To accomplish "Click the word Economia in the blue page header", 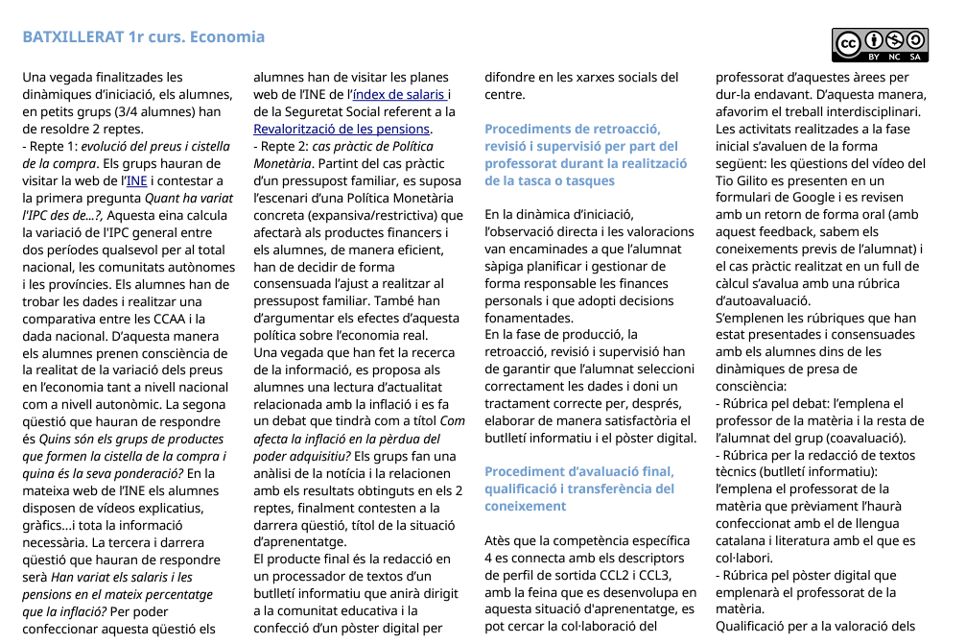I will pos(227,37).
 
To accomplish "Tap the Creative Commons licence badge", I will pos(880,45).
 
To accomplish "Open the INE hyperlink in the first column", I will pos(137,180).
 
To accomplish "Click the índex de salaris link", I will pos(399,94).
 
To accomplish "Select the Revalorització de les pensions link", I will pos(342,129).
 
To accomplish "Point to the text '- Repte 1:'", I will pos(50,146).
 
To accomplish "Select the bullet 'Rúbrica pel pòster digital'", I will pos(811,576).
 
